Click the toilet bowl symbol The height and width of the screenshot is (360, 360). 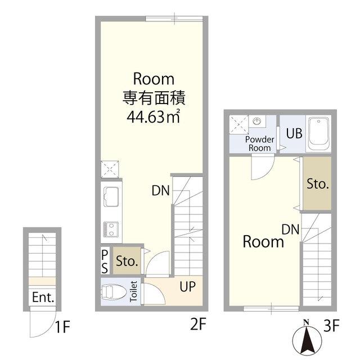(114, 292)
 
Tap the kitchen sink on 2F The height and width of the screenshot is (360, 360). (111, 196)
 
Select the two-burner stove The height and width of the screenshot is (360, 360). (111, 229)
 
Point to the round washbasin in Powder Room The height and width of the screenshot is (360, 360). (258, 120)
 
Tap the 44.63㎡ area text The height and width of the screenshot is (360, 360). (154, 116)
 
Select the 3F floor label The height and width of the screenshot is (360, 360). (331, 325)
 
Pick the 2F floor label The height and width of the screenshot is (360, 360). (198, 324)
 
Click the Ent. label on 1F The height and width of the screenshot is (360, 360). (43, 298)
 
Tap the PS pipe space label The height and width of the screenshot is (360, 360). (105, 262)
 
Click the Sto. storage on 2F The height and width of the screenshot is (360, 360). (127, 261)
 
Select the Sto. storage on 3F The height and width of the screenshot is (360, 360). (317, 183)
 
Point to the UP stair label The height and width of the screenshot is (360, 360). (187, 286)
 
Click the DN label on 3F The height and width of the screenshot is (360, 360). (291, 229)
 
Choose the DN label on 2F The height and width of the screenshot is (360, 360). (161, 191)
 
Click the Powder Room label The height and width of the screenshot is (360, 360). (260, 143)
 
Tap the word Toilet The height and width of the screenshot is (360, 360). (133, 291)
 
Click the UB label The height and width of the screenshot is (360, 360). (294, 133)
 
